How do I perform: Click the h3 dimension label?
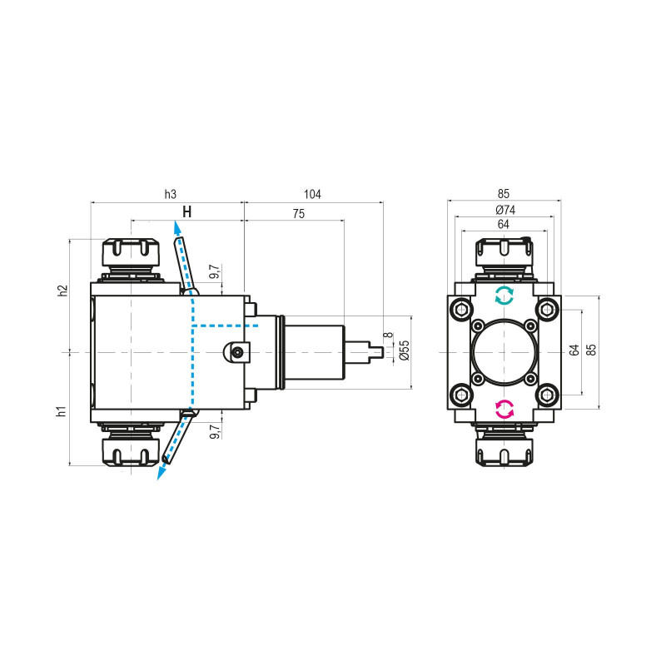pyautogui.click(x=170, y=194)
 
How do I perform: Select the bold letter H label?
pyautogui.click(x=187, y=212)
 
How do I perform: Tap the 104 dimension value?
pyautogui.click(x=312, y=194)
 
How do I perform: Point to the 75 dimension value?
pyautogui.click(x=298, y=213)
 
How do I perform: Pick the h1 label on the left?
pyautogui.click(x=62, y=412)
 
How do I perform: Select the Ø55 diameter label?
pyautogui.click(x=404, y=351)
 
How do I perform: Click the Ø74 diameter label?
pyautogui.click(x=504, y=210)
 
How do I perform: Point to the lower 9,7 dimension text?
pyautogui.click(x=214, y=431)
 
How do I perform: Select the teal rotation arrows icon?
pyautogui.click(x=504, y=294)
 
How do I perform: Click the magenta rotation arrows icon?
pyautogui.click(x=504, y=409)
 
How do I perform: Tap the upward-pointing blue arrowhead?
pyautogui.click(x=176, y=226)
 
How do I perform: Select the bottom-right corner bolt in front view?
pyautogui.click(x=547, y=394)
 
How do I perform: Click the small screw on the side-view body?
pyautogui.click(x=239, y=352)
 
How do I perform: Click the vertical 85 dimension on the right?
pyautogui.click(x=592, y=351)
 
